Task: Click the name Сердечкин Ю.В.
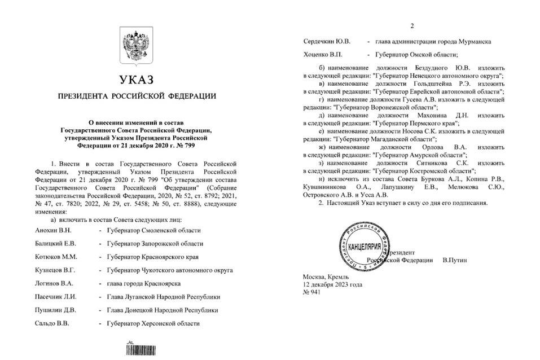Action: pyautogui.click(x=327, y=41)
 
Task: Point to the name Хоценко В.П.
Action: pyautogui.click(x=323, y=55)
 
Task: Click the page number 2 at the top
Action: pyautogui.click(x=412, y=26)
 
